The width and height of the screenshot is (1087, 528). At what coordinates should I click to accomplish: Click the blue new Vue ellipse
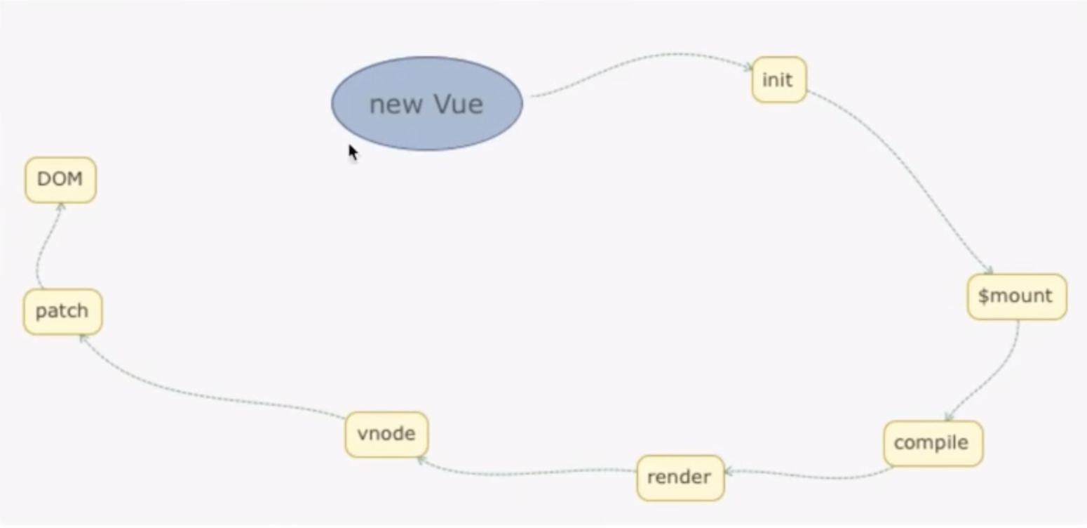click(x=427, y=104)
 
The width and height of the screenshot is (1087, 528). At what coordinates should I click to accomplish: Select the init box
click(x=778, y=80)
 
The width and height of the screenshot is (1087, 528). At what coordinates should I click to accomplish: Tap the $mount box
click(x=1016, y=296)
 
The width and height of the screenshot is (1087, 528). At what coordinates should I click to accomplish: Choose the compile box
click(x=932, y=443)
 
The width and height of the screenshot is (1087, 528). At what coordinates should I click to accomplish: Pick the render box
click(x=680, y=477)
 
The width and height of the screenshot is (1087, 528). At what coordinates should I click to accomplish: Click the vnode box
click(x=386, y=434)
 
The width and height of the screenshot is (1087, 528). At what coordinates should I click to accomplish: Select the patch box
click(x=62, y=311)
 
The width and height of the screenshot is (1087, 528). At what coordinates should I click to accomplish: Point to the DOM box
click(x=60, y=180)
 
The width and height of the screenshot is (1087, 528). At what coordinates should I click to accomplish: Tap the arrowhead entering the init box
click(x=748, y=67)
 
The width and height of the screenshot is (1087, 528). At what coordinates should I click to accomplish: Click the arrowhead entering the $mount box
click(x=989, y=270)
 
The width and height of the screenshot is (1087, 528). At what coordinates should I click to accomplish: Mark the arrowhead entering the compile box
click(x=949, y=417)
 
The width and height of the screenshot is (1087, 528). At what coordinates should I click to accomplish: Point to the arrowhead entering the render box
click(x=729, y=472)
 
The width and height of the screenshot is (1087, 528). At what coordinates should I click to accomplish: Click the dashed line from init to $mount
click(x=912, y=176)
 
